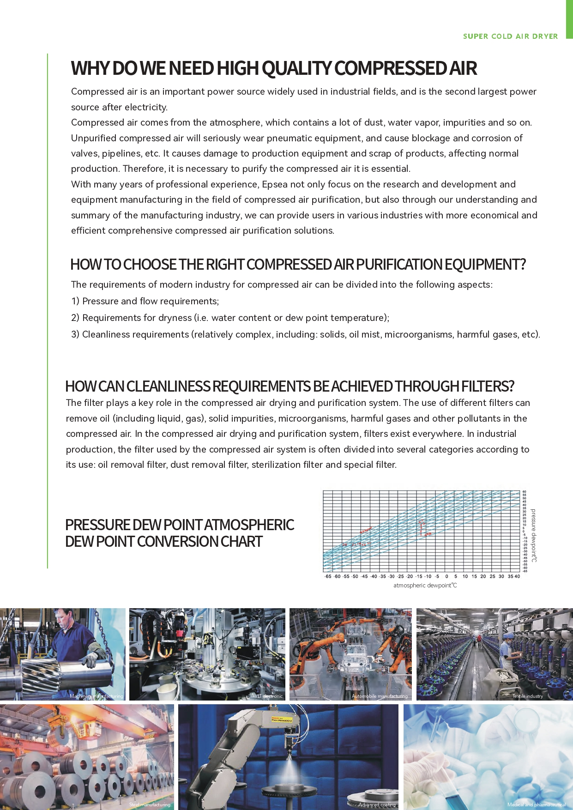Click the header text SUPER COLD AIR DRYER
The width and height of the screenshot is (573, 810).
(x=510, y=36)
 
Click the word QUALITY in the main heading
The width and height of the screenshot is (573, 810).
(x=296, y=68)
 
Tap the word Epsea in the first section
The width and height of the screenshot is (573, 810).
(x=275, y=184)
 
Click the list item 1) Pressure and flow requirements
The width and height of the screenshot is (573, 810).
(x=145, y=301)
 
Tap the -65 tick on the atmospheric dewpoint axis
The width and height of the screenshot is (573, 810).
(x=328, y=576)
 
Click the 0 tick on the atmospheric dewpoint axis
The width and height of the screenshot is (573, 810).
(x=446, y=576)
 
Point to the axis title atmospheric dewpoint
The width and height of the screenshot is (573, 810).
(x=425, y=586)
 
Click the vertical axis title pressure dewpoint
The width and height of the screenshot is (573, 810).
(x=534, y=535)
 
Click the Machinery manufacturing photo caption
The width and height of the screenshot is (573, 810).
(x=96, y=696)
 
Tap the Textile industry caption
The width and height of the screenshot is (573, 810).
(x=527, y=696)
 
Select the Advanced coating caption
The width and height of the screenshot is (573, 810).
(x=377, y=804)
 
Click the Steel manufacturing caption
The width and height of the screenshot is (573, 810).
(x=150, y=804)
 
